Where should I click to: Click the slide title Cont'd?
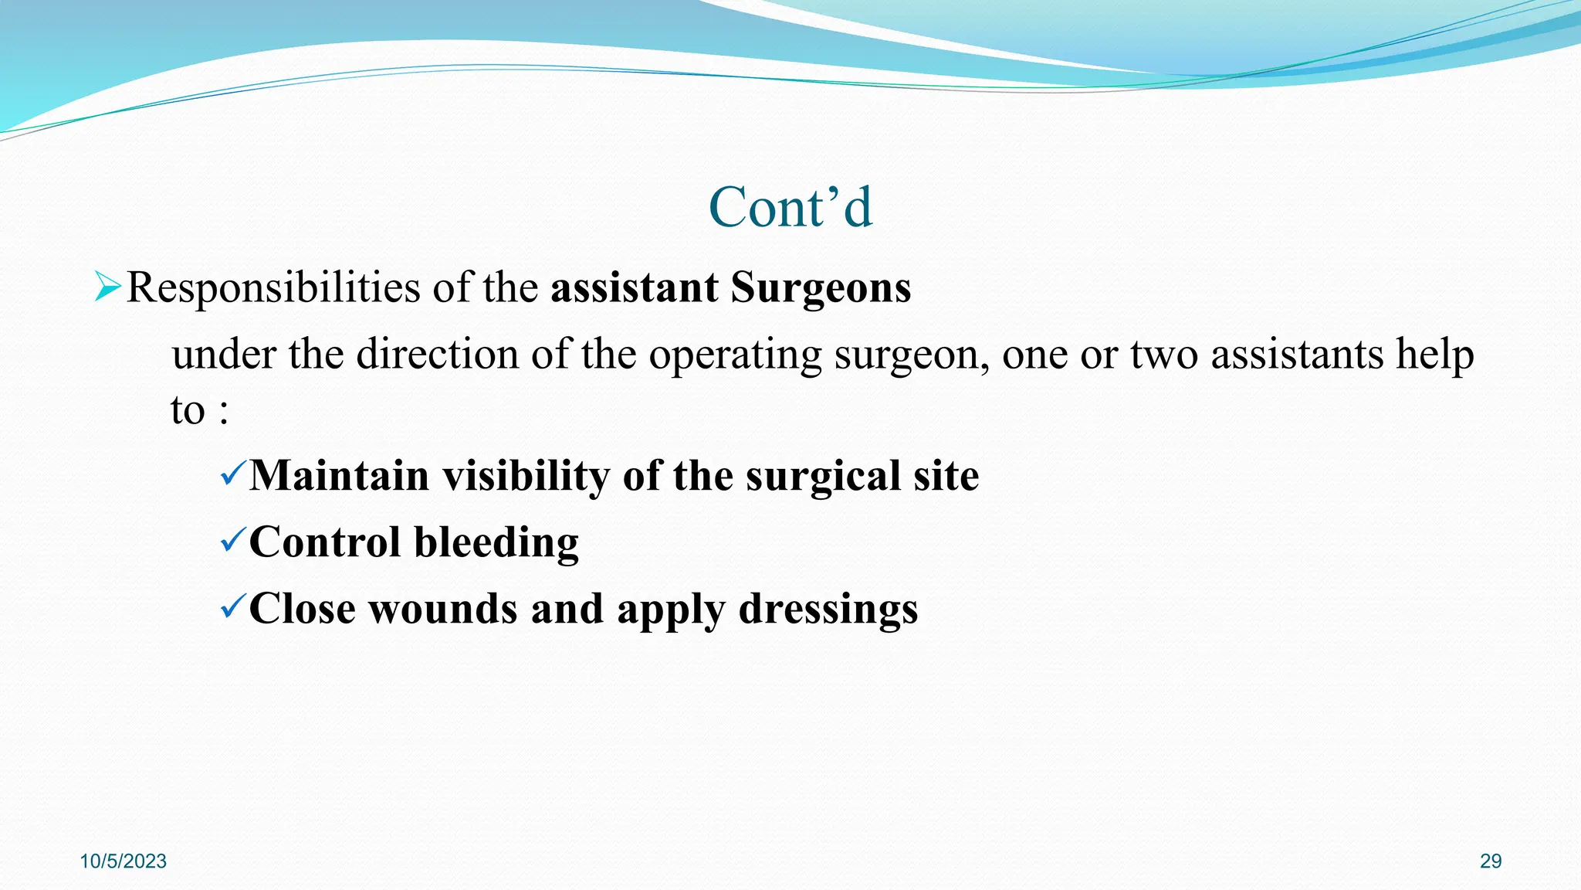[x=790, y=208]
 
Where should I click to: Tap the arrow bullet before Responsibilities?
[x=107, y=287]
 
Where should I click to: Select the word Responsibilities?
[x=273, y=288]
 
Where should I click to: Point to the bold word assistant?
[x=634, y=288]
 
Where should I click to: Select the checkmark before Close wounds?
[x=232, y=606]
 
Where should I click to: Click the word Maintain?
[x=339, y=475]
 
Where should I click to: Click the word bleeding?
[x=496, y=542]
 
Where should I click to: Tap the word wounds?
[x=442, y=609]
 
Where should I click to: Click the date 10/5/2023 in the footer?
[x=124, y=861]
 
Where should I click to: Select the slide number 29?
[x=1491, y=861]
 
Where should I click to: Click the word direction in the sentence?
[x=437, y=355]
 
